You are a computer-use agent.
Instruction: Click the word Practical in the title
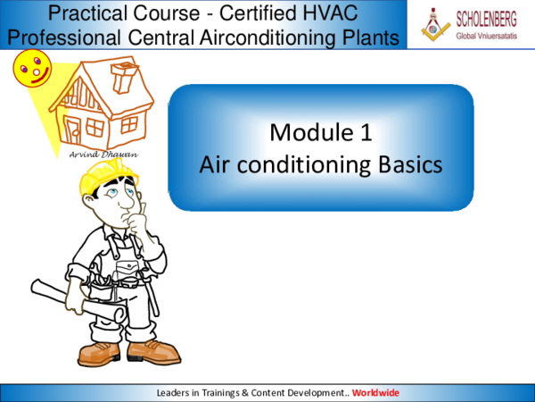(x=86, y=13)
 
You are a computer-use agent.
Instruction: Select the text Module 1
(x=320, y=133)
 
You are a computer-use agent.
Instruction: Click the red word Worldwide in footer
(x=375, y=392)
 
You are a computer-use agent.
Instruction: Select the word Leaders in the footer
(x=174, y=392)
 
